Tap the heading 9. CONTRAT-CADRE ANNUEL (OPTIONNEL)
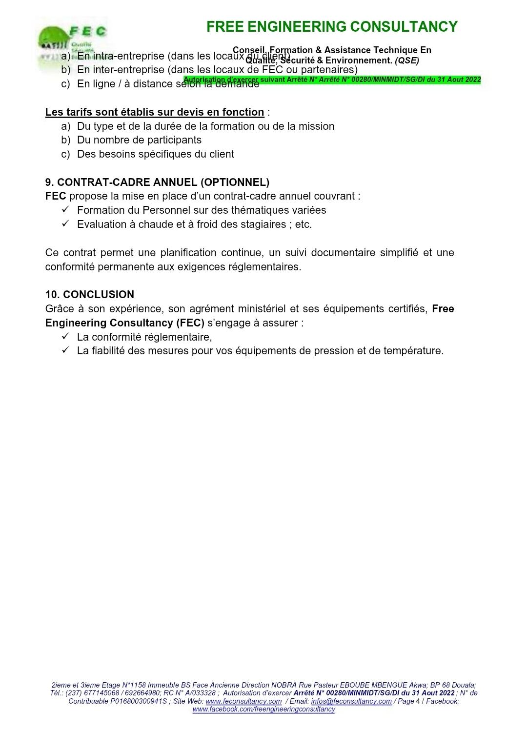tap(157, 183)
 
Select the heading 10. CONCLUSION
tap(90, 295)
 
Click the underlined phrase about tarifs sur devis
tap(155, 112)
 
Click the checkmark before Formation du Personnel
tap(66, 210)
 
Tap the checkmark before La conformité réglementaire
tap(66, 337)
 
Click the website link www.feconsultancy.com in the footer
tap(243, 701)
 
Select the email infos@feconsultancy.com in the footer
tap(351, 701)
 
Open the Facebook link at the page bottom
tap(263, 709)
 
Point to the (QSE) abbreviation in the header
tap(407, 61)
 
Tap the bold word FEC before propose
tap(56, 196)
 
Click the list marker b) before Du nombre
tap(66, 140)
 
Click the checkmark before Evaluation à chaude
tap(66, 224)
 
